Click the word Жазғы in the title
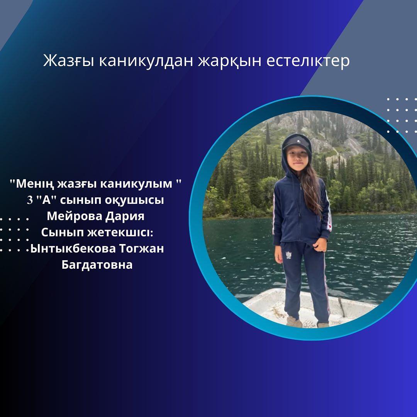[x=68, y=61]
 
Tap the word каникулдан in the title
[x=146, y=61]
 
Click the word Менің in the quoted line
[x=35, y=184]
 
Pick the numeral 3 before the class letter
[x=29, y=200]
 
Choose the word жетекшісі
[x=120, y=232]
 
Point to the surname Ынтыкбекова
[x=73, y=249]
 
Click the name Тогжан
[x=141, y=249]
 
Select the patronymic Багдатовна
[x=97, y=265]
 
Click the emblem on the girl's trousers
[x=288, y=255]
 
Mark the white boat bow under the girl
[x=309, y=306]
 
